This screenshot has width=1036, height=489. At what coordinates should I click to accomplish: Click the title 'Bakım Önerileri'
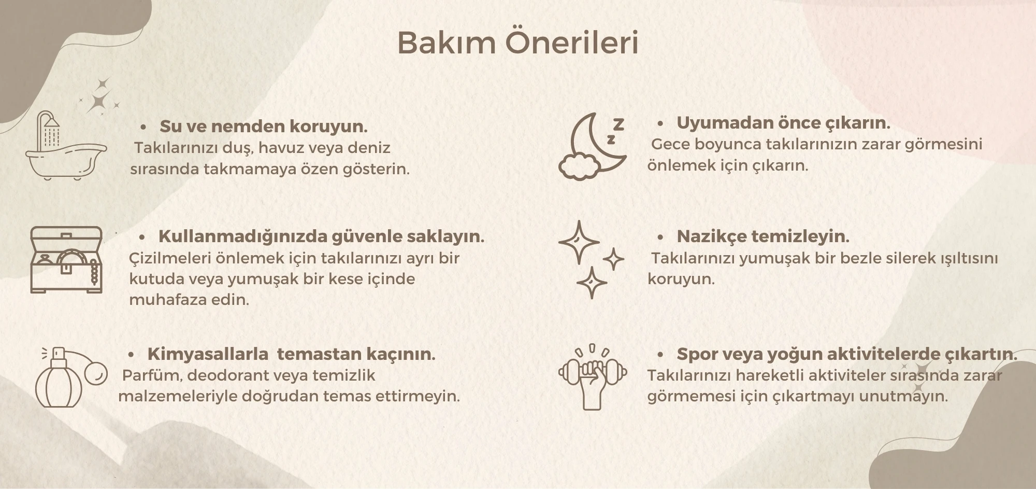(x=517, y=43)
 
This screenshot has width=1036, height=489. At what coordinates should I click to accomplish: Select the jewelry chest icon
(x=66, y=260)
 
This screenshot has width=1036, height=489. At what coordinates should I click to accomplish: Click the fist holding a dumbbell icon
(x=593, y=378)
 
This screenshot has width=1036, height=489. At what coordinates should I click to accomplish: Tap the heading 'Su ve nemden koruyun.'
(x=263, y=127)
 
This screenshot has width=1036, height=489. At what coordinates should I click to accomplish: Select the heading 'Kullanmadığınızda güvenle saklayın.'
(x=321, y=236)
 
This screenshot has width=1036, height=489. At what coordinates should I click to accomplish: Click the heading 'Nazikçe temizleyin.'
(x=763, y=236)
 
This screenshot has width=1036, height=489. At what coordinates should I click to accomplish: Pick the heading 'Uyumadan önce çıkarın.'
(x=783, y=123)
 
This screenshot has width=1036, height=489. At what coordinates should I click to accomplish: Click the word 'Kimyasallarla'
(x=208, y=354)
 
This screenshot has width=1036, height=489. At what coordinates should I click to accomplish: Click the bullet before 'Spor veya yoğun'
(x=660, y=354)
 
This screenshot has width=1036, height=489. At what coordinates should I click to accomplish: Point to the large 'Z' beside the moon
(x=618, y=124)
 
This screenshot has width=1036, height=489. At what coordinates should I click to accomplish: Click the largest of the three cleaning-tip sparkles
(x=579, y=242)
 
